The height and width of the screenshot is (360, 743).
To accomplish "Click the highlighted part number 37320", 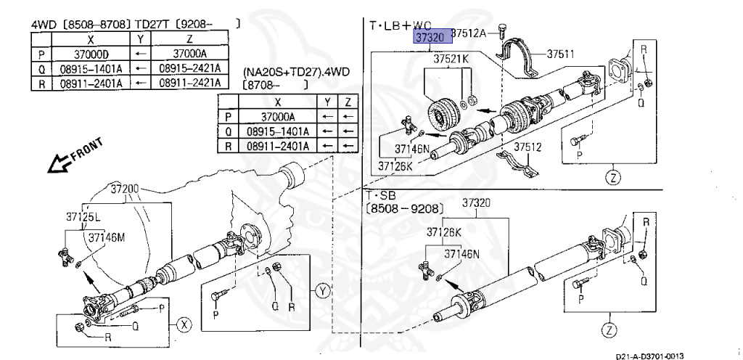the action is [428, 36].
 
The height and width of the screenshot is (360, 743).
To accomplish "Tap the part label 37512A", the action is [473, 33].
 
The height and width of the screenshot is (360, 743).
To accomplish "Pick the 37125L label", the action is [83, 216].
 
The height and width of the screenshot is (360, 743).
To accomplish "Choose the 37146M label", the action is [107, 236].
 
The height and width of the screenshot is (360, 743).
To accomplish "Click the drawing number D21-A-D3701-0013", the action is [649, 356].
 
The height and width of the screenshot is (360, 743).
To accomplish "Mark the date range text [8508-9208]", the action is [402, 208].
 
